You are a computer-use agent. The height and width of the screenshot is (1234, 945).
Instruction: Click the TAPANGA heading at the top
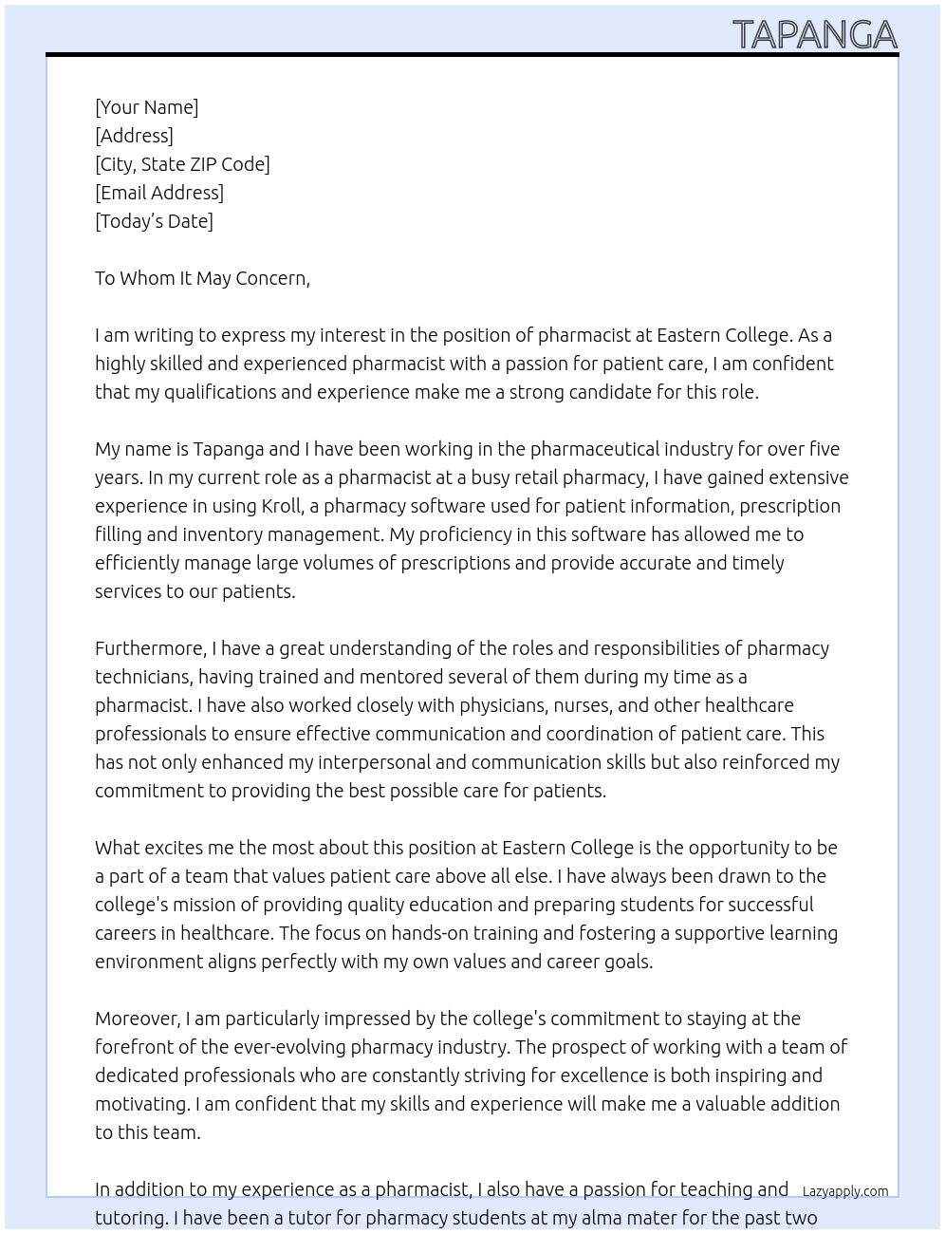[814, 34]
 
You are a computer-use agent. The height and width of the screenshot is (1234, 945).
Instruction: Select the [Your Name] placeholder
[146, 107]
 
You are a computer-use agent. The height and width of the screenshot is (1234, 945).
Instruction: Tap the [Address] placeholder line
[134, 136]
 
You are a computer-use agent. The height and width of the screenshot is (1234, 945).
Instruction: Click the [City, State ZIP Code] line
[182, 164]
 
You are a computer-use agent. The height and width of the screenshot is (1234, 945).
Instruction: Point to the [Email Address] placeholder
[159, 193]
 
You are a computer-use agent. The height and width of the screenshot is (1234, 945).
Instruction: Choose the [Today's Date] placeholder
[154, 221]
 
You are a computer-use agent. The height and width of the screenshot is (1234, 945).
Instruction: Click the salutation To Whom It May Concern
[202, 278]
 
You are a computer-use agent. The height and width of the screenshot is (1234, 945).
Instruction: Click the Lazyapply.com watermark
[844, 1191]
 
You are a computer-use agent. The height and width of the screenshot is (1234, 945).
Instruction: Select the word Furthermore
[150, 648]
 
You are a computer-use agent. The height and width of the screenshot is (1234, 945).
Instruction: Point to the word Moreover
[138, 1019]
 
